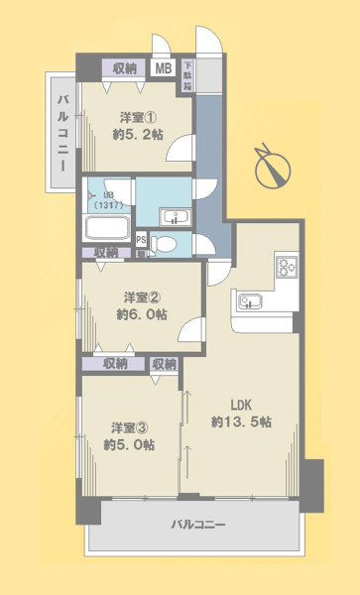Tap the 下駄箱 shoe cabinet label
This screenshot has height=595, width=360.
[186, 76]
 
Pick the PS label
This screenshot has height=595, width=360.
[141, 239]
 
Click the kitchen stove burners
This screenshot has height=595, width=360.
[286, 267]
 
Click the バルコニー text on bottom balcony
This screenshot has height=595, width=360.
[198, 524]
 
